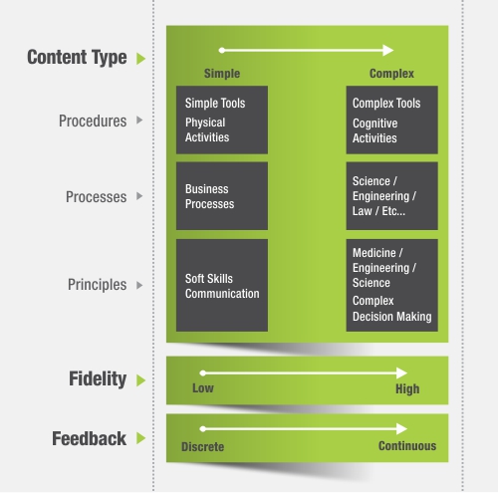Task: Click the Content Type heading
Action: tap(77, 58)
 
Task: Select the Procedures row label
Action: tap(93, 121)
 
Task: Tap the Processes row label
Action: tap(96, 197)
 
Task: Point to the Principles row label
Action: tap(97, 285)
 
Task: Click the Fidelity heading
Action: tap(98, 378)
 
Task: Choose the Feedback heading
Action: tap(89, 438)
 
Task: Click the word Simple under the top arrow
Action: tap(222, 74)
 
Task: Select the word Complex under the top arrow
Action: tap(391, 74)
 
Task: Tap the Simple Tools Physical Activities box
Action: tap(222, 120)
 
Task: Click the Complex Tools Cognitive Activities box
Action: tap(391, 120)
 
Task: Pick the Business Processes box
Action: tap(222, 196)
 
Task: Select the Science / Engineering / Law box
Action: tap(391, 196)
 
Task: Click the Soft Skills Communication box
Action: tap(222, 285)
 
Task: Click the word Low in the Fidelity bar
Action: tap(203, 388)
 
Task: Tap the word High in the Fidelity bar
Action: tap(407, 388)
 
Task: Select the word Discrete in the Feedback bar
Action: tap(202, 447)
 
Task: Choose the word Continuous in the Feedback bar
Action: tap(407, 446)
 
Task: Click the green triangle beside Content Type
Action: tap(140, 59)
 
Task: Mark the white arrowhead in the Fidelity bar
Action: tap(401, 373)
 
